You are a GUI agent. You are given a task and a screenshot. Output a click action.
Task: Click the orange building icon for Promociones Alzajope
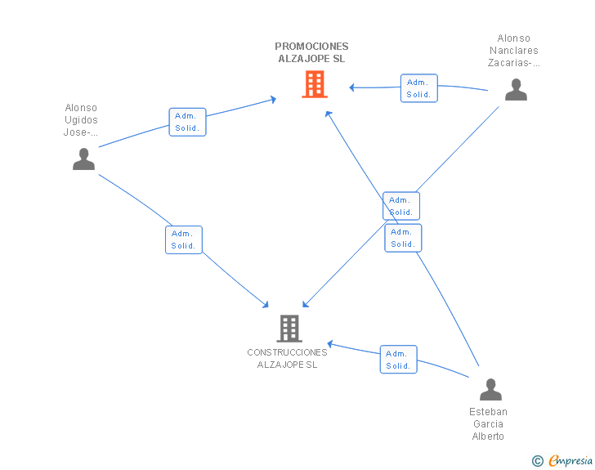[x=315, y=84]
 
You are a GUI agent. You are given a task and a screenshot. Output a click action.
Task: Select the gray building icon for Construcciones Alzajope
[x=289, y=329]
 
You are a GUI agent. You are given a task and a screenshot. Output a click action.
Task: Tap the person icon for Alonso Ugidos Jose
[x=83, y=159]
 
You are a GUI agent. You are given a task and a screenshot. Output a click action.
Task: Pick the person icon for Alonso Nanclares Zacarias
[x=516, y=90]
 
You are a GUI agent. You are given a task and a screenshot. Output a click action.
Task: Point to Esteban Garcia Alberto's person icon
[x=490, y=390]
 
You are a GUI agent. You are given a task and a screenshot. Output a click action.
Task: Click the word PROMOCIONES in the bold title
[x=311, y=47]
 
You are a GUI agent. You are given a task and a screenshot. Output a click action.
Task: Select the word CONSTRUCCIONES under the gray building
[x=287, y=352]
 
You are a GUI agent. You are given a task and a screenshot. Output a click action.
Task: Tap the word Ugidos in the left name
[x=81, y=120]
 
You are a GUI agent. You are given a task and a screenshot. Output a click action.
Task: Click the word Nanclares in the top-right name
[x=514, y=51]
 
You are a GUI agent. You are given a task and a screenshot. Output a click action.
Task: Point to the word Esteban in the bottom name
[x=488, y=412]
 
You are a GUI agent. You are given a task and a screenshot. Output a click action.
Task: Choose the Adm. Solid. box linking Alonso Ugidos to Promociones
[x=187, y=122]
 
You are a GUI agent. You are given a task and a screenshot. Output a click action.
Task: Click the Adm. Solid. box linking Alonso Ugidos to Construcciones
[x=184, y=239]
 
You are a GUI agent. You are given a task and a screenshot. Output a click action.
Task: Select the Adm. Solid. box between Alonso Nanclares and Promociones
[x=419, y=88]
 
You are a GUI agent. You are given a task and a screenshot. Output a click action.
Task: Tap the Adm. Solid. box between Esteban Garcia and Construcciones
[x=399, y=359]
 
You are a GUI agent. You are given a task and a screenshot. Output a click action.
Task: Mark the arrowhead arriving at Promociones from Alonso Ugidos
[x=273, y=100]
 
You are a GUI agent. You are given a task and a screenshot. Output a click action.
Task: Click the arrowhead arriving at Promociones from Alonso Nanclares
[x=351, y=87]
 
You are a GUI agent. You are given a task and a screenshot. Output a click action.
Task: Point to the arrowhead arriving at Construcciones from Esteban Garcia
[x=330, y=344]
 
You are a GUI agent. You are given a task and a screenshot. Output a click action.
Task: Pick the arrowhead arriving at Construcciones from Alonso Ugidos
[x=266, y=304]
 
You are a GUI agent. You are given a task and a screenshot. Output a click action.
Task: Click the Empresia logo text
[x=570, y=461]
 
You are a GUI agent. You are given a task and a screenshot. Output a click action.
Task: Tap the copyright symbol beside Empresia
[x=537, y=461]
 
